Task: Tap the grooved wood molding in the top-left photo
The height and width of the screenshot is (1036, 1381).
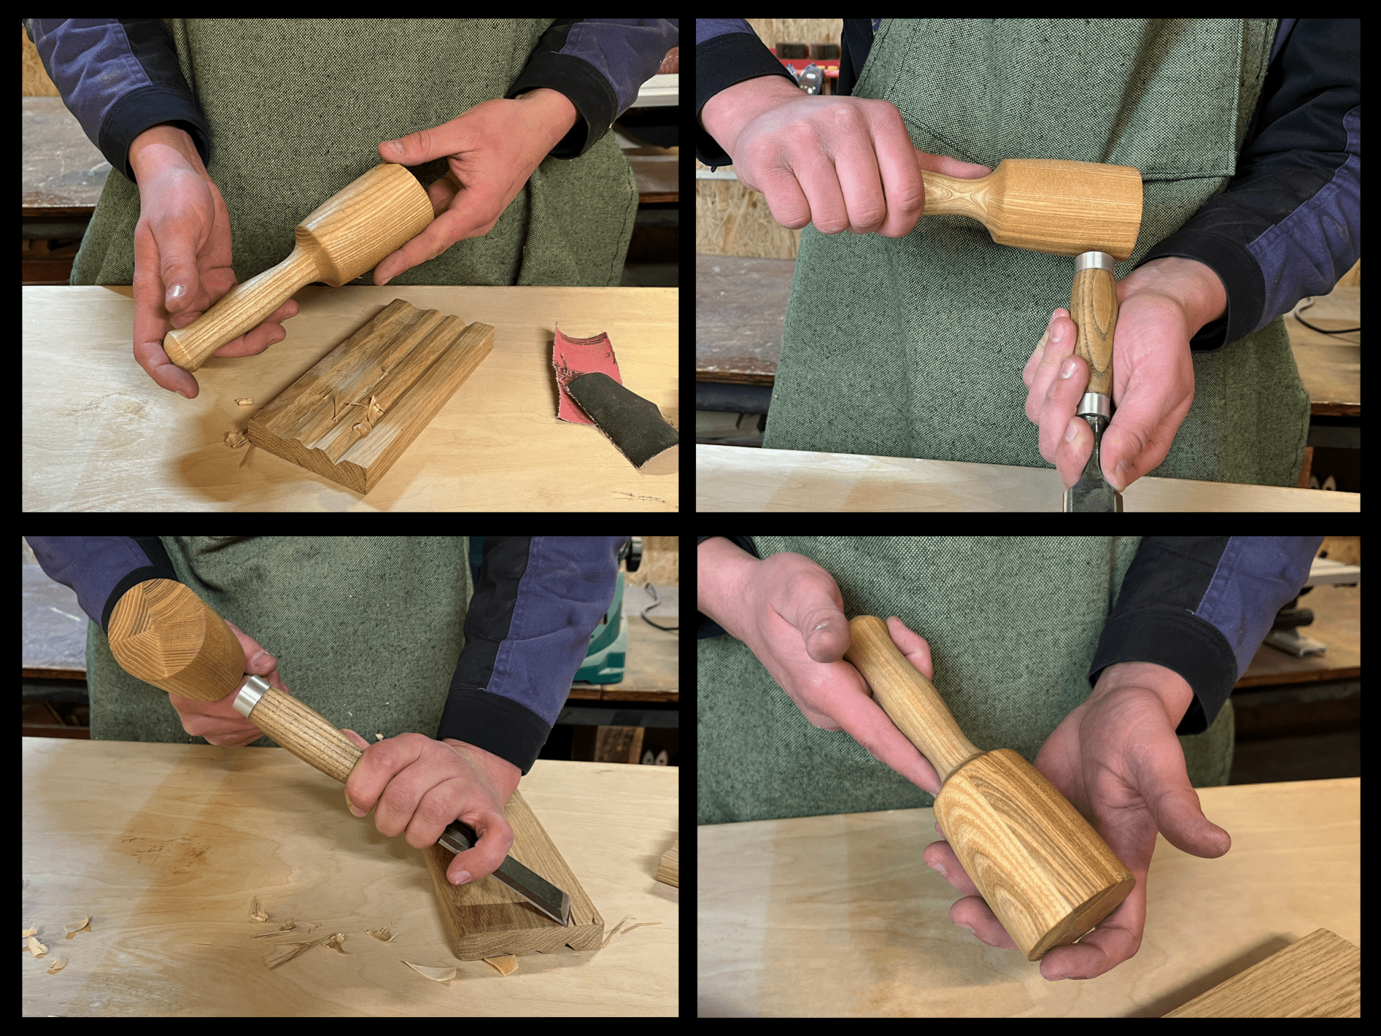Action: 378,398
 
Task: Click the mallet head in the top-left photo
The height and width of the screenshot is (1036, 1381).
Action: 378,223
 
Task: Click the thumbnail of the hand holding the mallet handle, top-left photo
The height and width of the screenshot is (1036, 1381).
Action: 177,291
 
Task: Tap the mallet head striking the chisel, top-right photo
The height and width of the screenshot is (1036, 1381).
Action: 1079,209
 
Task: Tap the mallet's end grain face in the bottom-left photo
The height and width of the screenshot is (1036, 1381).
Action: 145,624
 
